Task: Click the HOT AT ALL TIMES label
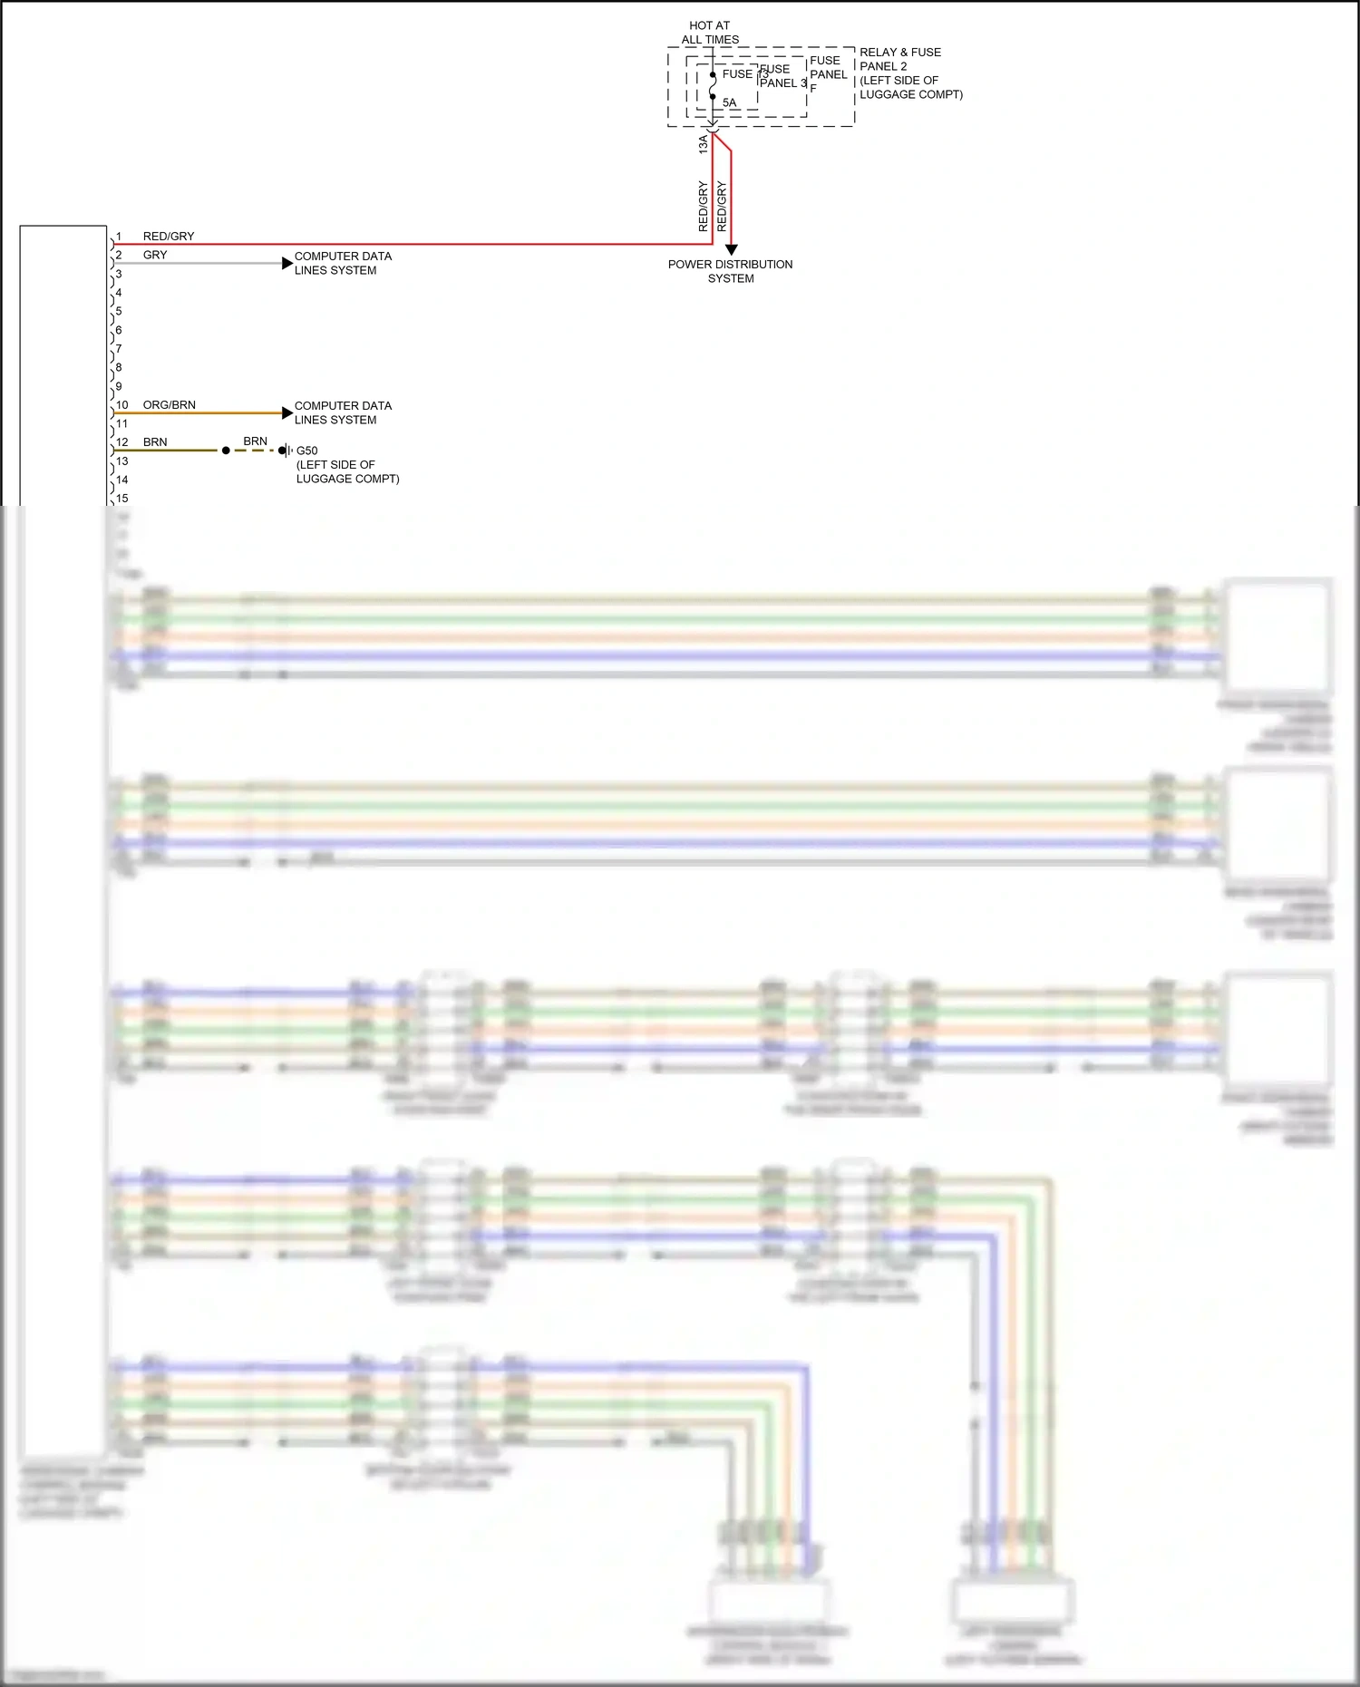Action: click(710, 33)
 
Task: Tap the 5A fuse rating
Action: click(730, 102)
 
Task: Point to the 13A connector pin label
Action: click(703, 143)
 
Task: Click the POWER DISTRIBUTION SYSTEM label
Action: click(731, 271)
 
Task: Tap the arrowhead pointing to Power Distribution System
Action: click(731, 249)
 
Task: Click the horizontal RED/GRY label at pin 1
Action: click(169, 236)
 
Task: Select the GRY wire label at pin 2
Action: click(155, 255)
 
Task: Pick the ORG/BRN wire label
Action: click(170, 404)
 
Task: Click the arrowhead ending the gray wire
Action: click(287, 264)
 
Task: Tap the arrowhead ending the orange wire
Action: click(287, 413)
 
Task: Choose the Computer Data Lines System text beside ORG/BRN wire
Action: click(343, 412)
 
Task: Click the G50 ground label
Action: click(307, 451)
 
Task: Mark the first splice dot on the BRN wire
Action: click(226, 451)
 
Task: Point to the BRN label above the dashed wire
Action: click(255, 441)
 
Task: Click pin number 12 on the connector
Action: click(122, 442)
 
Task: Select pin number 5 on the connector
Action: click(119, 311)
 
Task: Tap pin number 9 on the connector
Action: click(119, 386)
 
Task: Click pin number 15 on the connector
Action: click(122, 499)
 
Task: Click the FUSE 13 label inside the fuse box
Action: click(744, 73)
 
